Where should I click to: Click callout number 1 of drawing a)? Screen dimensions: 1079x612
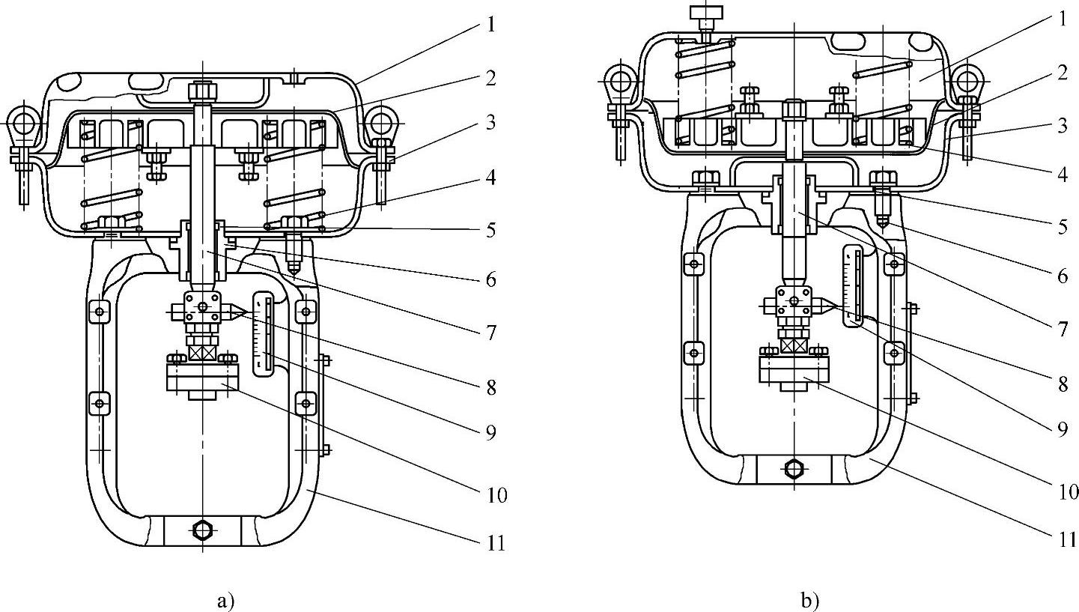coord(491,24)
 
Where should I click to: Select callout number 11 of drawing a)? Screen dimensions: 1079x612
coord(495,542)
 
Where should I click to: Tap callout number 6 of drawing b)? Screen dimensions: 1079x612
coord(1063,276)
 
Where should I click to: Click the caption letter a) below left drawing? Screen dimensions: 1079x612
coord(225,601)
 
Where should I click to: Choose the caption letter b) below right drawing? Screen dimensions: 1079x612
coord(810,601)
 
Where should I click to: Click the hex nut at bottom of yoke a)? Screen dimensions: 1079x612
coord(203,530)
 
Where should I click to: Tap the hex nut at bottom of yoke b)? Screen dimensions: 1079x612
coord(794,469)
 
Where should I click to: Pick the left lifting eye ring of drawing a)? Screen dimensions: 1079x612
coord(22,123)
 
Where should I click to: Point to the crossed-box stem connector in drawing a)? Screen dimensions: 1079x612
coord(202,353)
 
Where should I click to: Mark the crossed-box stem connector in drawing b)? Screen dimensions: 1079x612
coord(794,345)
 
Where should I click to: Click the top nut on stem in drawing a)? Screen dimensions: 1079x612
coord(203,91)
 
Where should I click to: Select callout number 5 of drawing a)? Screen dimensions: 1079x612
coord(491,230)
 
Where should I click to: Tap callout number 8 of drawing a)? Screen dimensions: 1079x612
coord(491,387)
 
